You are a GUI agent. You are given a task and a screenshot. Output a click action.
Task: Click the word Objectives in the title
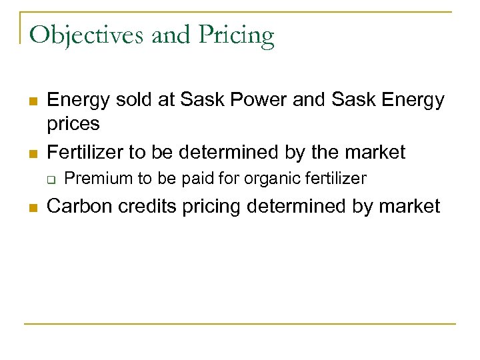tap(87, 35)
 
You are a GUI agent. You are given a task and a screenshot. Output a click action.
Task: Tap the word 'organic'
tap(263, 179)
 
